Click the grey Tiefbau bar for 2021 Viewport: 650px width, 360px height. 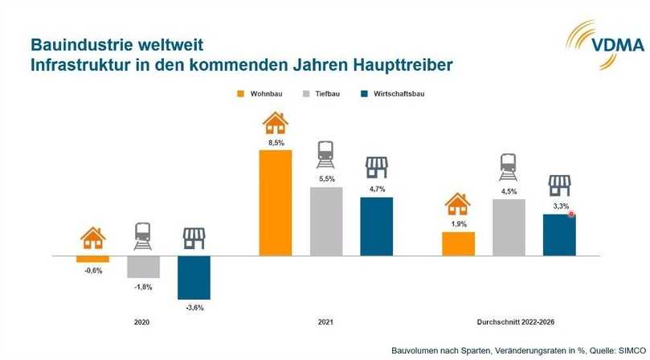tap(326, 221)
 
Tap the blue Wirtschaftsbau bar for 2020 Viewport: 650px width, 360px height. tap(194, 277)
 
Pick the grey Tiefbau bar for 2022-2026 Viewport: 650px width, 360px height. tap(509, 227)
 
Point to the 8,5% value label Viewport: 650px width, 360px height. tap(276, 142)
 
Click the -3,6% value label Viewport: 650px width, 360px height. tap(194, 307)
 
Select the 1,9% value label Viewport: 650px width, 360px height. tap(458, 224)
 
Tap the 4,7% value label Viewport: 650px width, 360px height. tap(376, 189)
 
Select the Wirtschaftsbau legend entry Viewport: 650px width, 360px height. tap(391, 94)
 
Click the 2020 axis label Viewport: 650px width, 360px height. tap(141, 322)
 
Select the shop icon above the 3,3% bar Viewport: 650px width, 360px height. tap(559, 186)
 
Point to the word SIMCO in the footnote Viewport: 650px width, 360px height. tap(628, 351)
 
